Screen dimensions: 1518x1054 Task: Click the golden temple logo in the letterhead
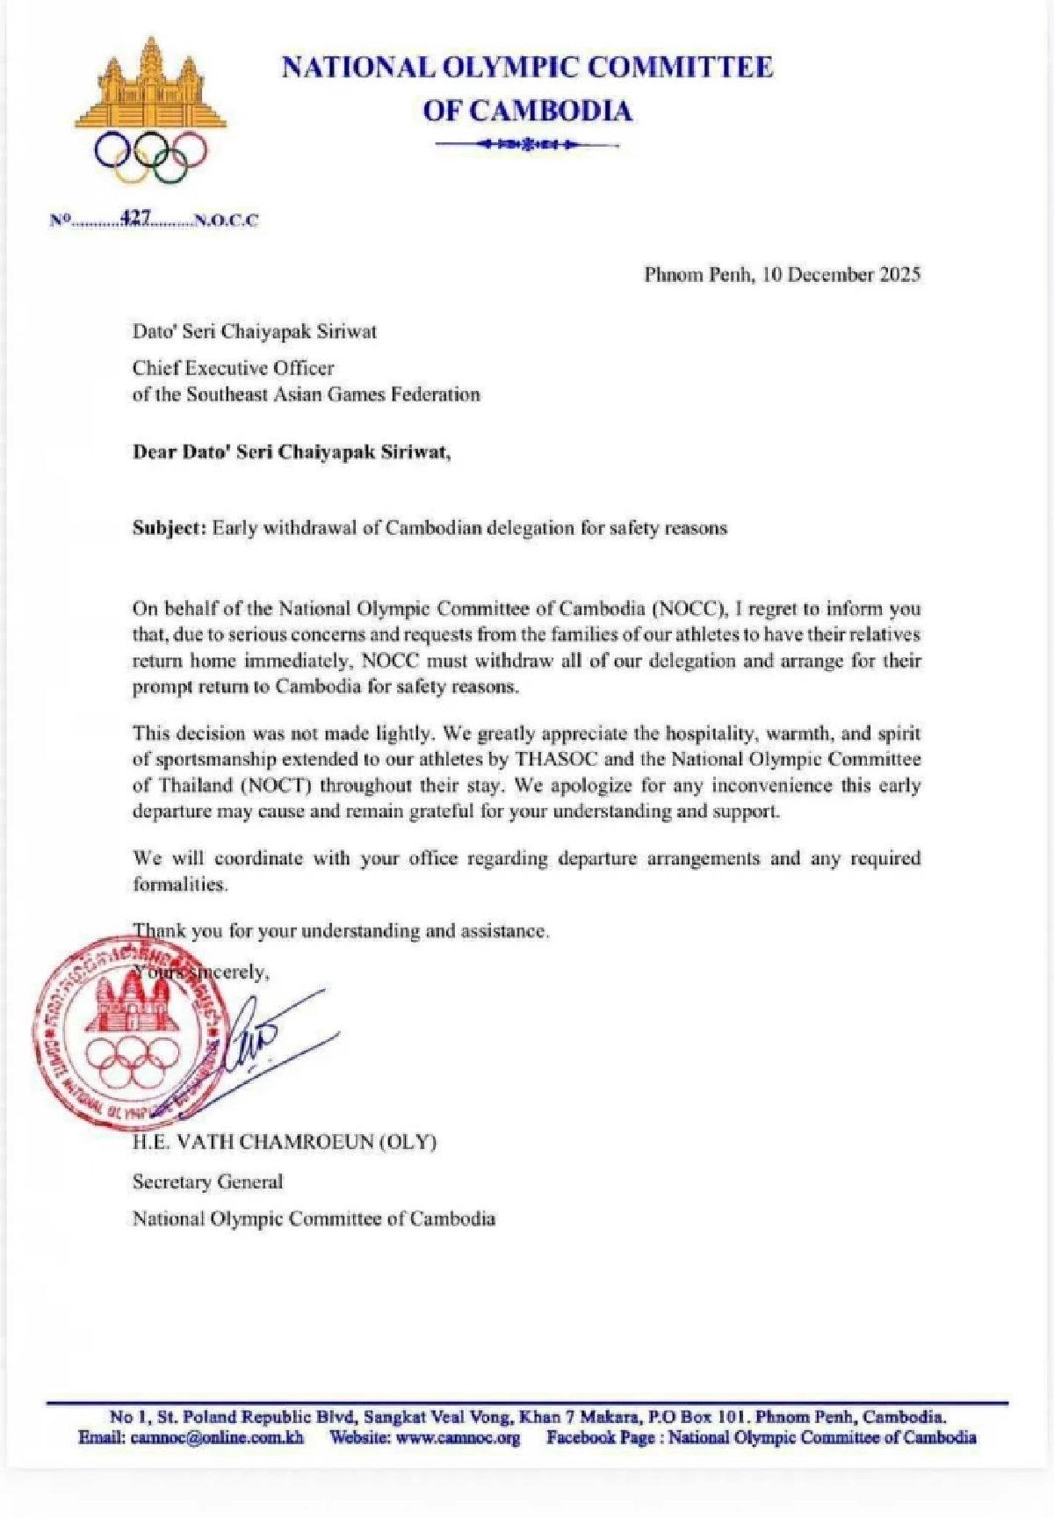point(151,88)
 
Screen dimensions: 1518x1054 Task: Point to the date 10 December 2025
point(841,274)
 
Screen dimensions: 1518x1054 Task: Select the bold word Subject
point(169,528)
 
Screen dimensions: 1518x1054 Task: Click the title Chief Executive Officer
point(233,368)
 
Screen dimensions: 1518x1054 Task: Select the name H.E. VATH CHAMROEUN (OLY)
point(284,1142)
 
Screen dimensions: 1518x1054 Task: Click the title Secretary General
point(207,1182)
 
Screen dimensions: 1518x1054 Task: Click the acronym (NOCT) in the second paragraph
point(279,785)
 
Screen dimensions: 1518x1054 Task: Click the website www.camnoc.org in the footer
point(458,1437)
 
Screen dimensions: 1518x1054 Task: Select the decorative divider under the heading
point(528,143)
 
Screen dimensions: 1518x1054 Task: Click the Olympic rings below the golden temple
point(151,156)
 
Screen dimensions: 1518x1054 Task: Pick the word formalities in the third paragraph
point(179,885)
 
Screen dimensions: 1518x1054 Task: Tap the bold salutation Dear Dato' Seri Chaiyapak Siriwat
point(292,452)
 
